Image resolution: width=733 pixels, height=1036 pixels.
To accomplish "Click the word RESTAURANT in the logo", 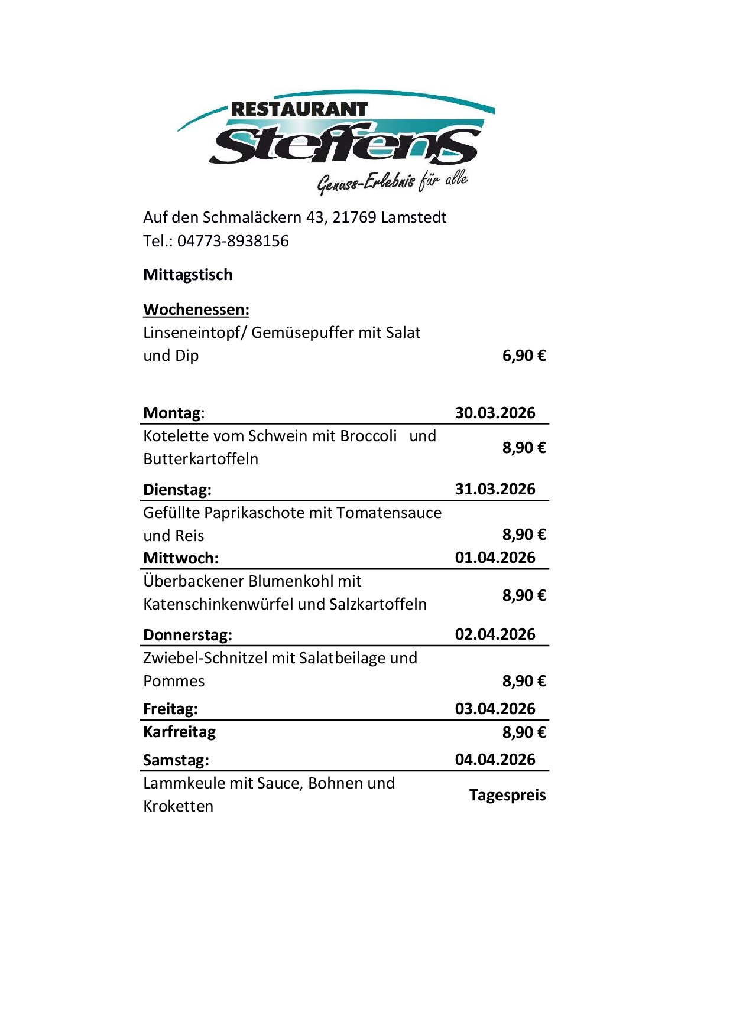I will [x=299, y=109].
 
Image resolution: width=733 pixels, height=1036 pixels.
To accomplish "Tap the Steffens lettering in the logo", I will [x=345, y=145].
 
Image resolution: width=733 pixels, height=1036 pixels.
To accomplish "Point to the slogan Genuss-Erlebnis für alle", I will [x=393, y=181].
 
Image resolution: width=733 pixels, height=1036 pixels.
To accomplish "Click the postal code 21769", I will [x=354, y=217].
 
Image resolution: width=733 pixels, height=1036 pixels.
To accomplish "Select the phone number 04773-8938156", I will [x=233, y=241].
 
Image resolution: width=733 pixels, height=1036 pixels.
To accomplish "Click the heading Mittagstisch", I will [x=188, y=275].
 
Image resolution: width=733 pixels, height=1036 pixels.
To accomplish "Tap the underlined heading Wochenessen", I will [x=196, y=310].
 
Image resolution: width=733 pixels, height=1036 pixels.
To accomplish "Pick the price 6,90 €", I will [x=524, y=356].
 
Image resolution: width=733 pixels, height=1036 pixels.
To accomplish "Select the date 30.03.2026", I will [x=495, y=413].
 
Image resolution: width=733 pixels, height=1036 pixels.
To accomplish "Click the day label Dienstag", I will [x=177, y=490].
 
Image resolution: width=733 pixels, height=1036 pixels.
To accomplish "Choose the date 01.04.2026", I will [x=495, y=558].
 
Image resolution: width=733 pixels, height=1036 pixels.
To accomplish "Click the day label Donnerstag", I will [x=187, y=635].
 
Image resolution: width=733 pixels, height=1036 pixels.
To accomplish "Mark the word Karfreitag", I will [x=179, y=732].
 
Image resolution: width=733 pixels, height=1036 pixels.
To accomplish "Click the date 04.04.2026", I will [x=495, y=760].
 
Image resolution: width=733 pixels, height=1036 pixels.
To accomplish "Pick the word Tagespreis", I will [x=507, y=795].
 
